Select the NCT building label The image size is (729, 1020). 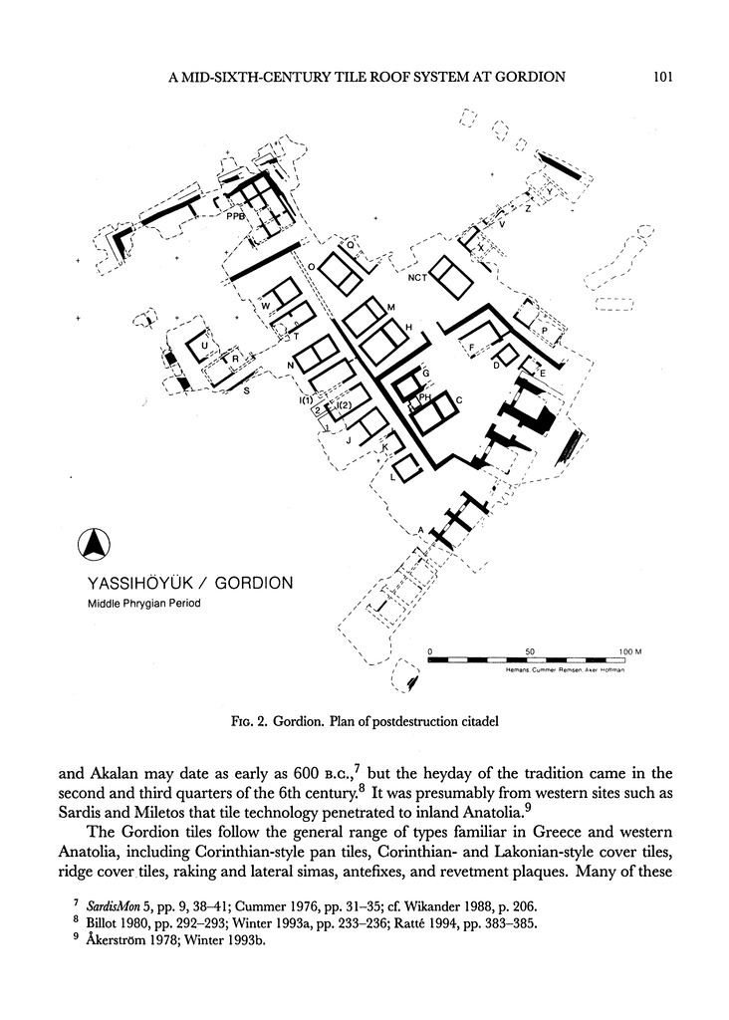tap(417, 278)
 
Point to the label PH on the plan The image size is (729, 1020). tap(424, 396)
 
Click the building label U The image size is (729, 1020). tap(204, 346)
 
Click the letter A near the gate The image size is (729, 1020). tap(420, 529)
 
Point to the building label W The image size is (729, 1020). tap(265, 307)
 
